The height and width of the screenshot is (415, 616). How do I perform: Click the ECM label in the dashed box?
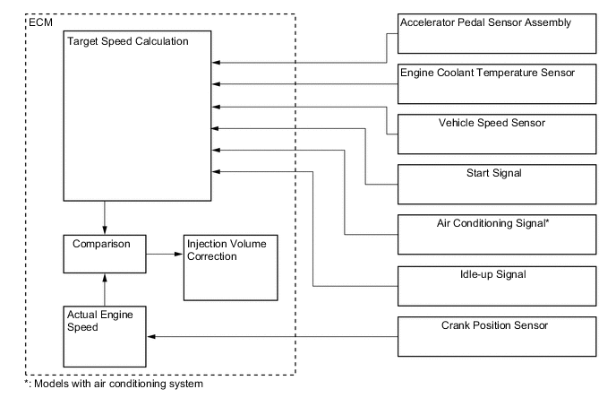click(40, 20)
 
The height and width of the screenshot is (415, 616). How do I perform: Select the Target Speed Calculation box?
click(137, 116)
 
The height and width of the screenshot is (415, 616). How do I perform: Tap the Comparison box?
click(105, 255)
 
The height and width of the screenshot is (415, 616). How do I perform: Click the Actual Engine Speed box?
click(105, 337)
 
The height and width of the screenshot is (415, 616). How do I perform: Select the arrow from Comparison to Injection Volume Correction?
click(165, 255)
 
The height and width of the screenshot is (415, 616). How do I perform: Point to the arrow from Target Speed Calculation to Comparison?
click(106, 217)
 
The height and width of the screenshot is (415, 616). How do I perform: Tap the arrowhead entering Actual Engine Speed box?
click(151, 336)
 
